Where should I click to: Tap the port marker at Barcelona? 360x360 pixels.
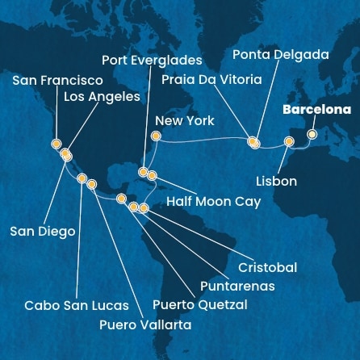click(312, 134)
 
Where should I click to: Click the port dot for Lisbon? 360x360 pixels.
click(289, 142)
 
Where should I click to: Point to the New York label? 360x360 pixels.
click(184, 120)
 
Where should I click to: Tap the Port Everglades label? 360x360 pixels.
click(152, 59)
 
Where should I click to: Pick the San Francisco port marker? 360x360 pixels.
click(56, 144)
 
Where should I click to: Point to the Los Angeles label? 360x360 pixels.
click(102, 97)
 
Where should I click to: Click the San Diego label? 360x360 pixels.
click(43, 232)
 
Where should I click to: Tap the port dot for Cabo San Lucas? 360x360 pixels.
click(82, 178)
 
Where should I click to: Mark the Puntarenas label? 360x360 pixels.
click(238, 286)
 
